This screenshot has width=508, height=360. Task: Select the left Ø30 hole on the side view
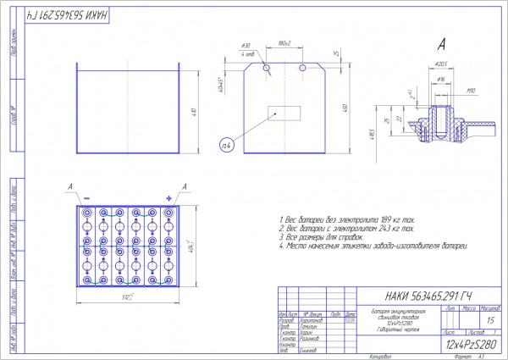267,67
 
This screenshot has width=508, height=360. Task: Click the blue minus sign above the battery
87,197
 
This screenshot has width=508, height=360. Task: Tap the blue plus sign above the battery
168,197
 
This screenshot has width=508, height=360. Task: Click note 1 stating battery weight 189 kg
348,219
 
